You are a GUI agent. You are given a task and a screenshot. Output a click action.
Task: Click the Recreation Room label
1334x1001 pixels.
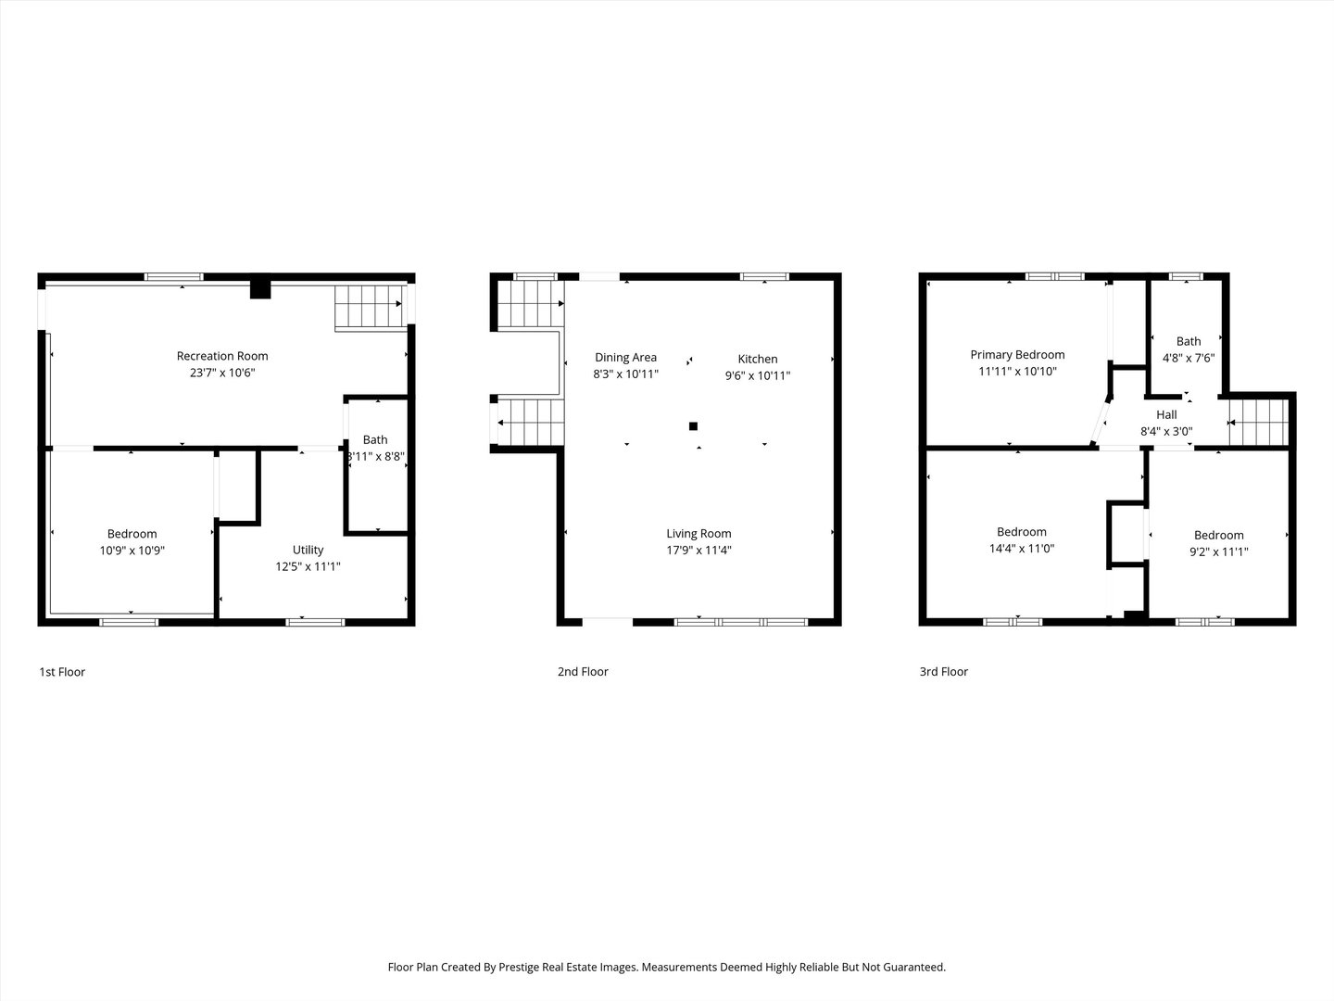222,356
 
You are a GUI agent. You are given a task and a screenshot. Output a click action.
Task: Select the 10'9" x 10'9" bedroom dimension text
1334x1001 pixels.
132,551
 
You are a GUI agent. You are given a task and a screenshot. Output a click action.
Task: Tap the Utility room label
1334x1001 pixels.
308,550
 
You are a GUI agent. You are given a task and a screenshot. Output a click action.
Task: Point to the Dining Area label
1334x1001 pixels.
625,358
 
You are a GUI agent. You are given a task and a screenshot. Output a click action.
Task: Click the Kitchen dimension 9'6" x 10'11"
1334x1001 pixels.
757,376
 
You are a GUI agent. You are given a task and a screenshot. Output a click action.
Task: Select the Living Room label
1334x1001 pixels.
698,534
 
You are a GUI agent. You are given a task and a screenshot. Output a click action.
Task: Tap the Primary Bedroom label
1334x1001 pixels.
1017,355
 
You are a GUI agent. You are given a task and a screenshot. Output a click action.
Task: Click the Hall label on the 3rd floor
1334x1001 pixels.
1166,415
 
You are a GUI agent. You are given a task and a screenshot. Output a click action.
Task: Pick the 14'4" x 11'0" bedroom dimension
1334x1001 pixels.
1021,549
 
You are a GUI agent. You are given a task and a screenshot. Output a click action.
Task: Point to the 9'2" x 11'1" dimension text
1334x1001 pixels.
1218,551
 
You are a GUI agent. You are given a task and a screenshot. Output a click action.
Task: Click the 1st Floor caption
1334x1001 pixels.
62,672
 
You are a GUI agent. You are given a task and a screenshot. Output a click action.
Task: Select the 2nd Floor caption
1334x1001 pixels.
583,672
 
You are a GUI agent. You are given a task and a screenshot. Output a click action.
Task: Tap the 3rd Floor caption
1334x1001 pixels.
943,672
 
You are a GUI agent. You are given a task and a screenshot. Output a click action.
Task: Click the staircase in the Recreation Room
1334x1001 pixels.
368,306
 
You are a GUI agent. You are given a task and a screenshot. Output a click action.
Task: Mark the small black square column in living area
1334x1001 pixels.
693,426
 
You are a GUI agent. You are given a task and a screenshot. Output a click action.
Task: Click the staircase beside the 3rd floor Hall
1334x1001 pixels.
1258,423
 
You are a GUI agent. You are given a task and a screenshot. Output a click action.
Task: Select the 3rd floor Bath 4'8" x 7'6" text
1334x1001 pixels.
1189,358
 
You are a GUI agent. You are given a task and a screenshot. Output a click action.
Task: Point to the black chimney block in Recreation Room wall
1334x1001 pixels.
260,288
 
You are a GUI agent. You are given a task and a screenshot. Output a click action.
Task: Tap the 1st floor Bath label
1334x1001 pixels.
375,440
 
